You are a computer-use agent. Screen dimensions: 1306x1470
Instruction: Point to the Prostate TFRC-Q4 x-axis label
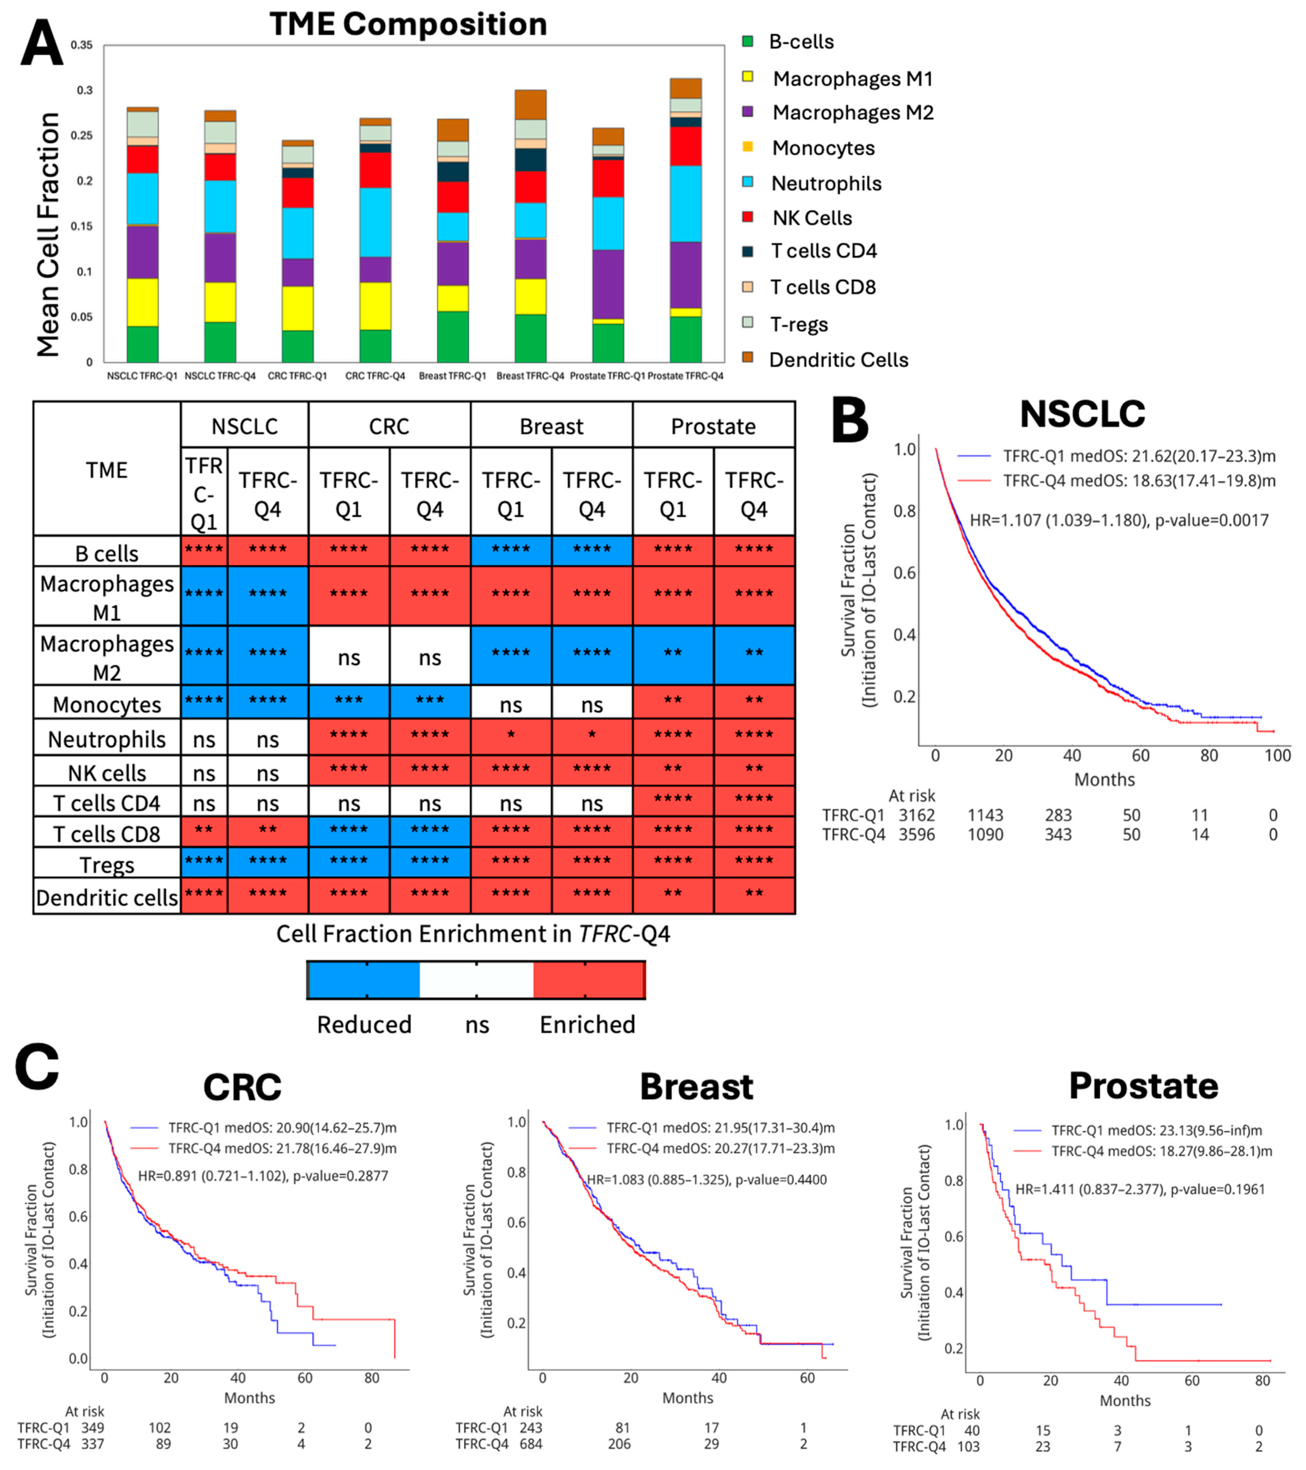point(685,376)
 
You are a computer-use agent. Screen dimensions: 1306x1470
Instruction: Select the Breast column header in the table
point(552,426)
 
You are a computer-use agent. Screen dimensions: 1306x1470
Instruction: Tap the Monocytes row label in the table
point(107,705)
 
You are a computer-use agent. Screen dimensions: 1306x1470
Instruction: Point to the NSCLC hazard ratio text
point(1119,520)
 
